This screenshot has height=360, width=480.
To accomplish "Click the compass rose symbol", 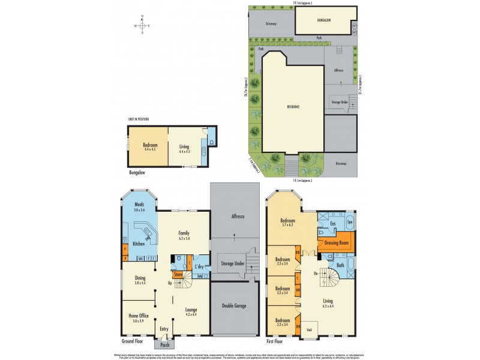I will click(x=143, y=25).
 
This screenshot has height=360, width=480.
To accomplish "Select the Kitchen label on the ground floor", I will click(x=139, y=244).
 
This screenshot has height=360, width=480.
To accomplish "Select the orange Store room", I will click(x=178, y=275).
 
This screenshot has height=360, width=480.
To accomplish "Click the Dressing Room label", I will click(x=337, y=244).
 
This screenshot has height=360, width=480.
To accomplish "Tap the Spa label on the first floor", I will click(x=350, y=223).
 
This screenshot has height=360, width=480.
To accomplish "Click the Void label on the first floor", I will click(x=309, y=329).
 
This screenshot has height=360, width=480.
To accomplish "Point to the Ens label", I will click(x=332, y=224).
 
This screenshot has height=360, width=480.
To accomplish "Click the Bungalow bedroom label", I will click(x=149, y=145).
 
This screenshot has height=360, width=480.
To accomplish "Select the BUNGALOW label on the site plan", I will click(x=324, y=20).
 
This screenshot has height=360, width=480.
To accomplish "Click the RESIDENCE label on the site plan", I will click(x=292, y=107).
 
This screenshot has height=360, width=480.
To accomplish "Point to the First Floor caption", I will click(x=277, y=340).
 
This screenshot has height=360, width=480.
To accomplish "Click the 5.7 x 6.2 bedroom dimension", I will click(x=290, y=225).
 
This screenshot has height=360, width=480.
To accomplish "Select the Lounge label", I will click(x=191, y=310).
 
